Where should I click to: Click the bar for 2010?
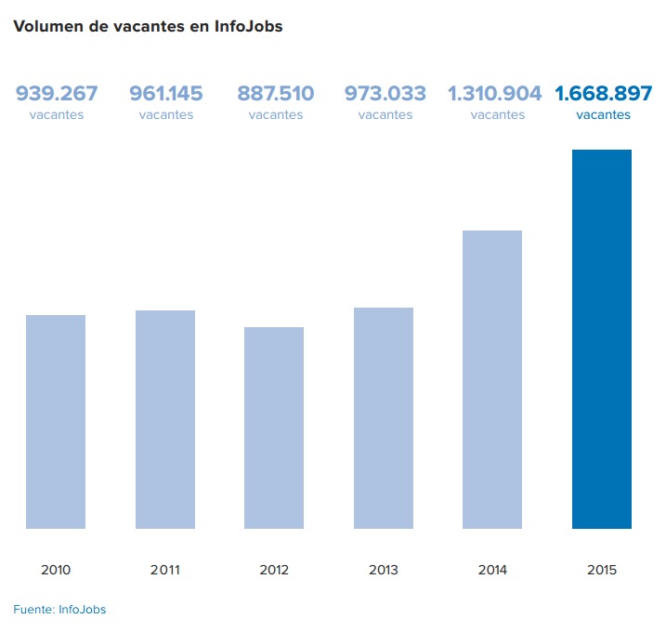[56, 422]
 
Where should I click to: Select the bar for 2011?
[165, 419]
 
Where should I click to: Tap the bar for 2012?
[274, 428]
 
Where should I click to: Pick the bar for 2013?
[384, 418]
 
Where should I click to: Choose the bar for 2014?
[492, 379]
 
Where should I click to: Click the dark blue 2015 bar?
[602, 339]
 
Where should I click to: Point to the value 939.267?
[57, 94]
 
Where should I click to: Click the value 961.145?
[166, 94]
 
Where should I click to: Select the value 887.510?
[276, 94]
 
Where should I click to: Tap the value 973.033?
[385, 94]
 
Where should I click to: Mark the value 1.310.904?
[495, 94]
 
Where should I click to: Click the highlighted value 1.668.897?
[604, 94]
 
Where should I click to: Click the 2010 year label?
[56, 570]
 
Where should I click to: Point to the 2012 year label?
[274, 570]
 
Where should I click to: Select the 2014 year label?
[492, 570]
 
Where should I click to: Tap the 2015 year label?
[602, 570]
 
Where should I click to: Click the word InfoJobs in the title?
[248, 27]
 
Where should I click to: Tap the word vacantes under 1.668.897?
[604, 115]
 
